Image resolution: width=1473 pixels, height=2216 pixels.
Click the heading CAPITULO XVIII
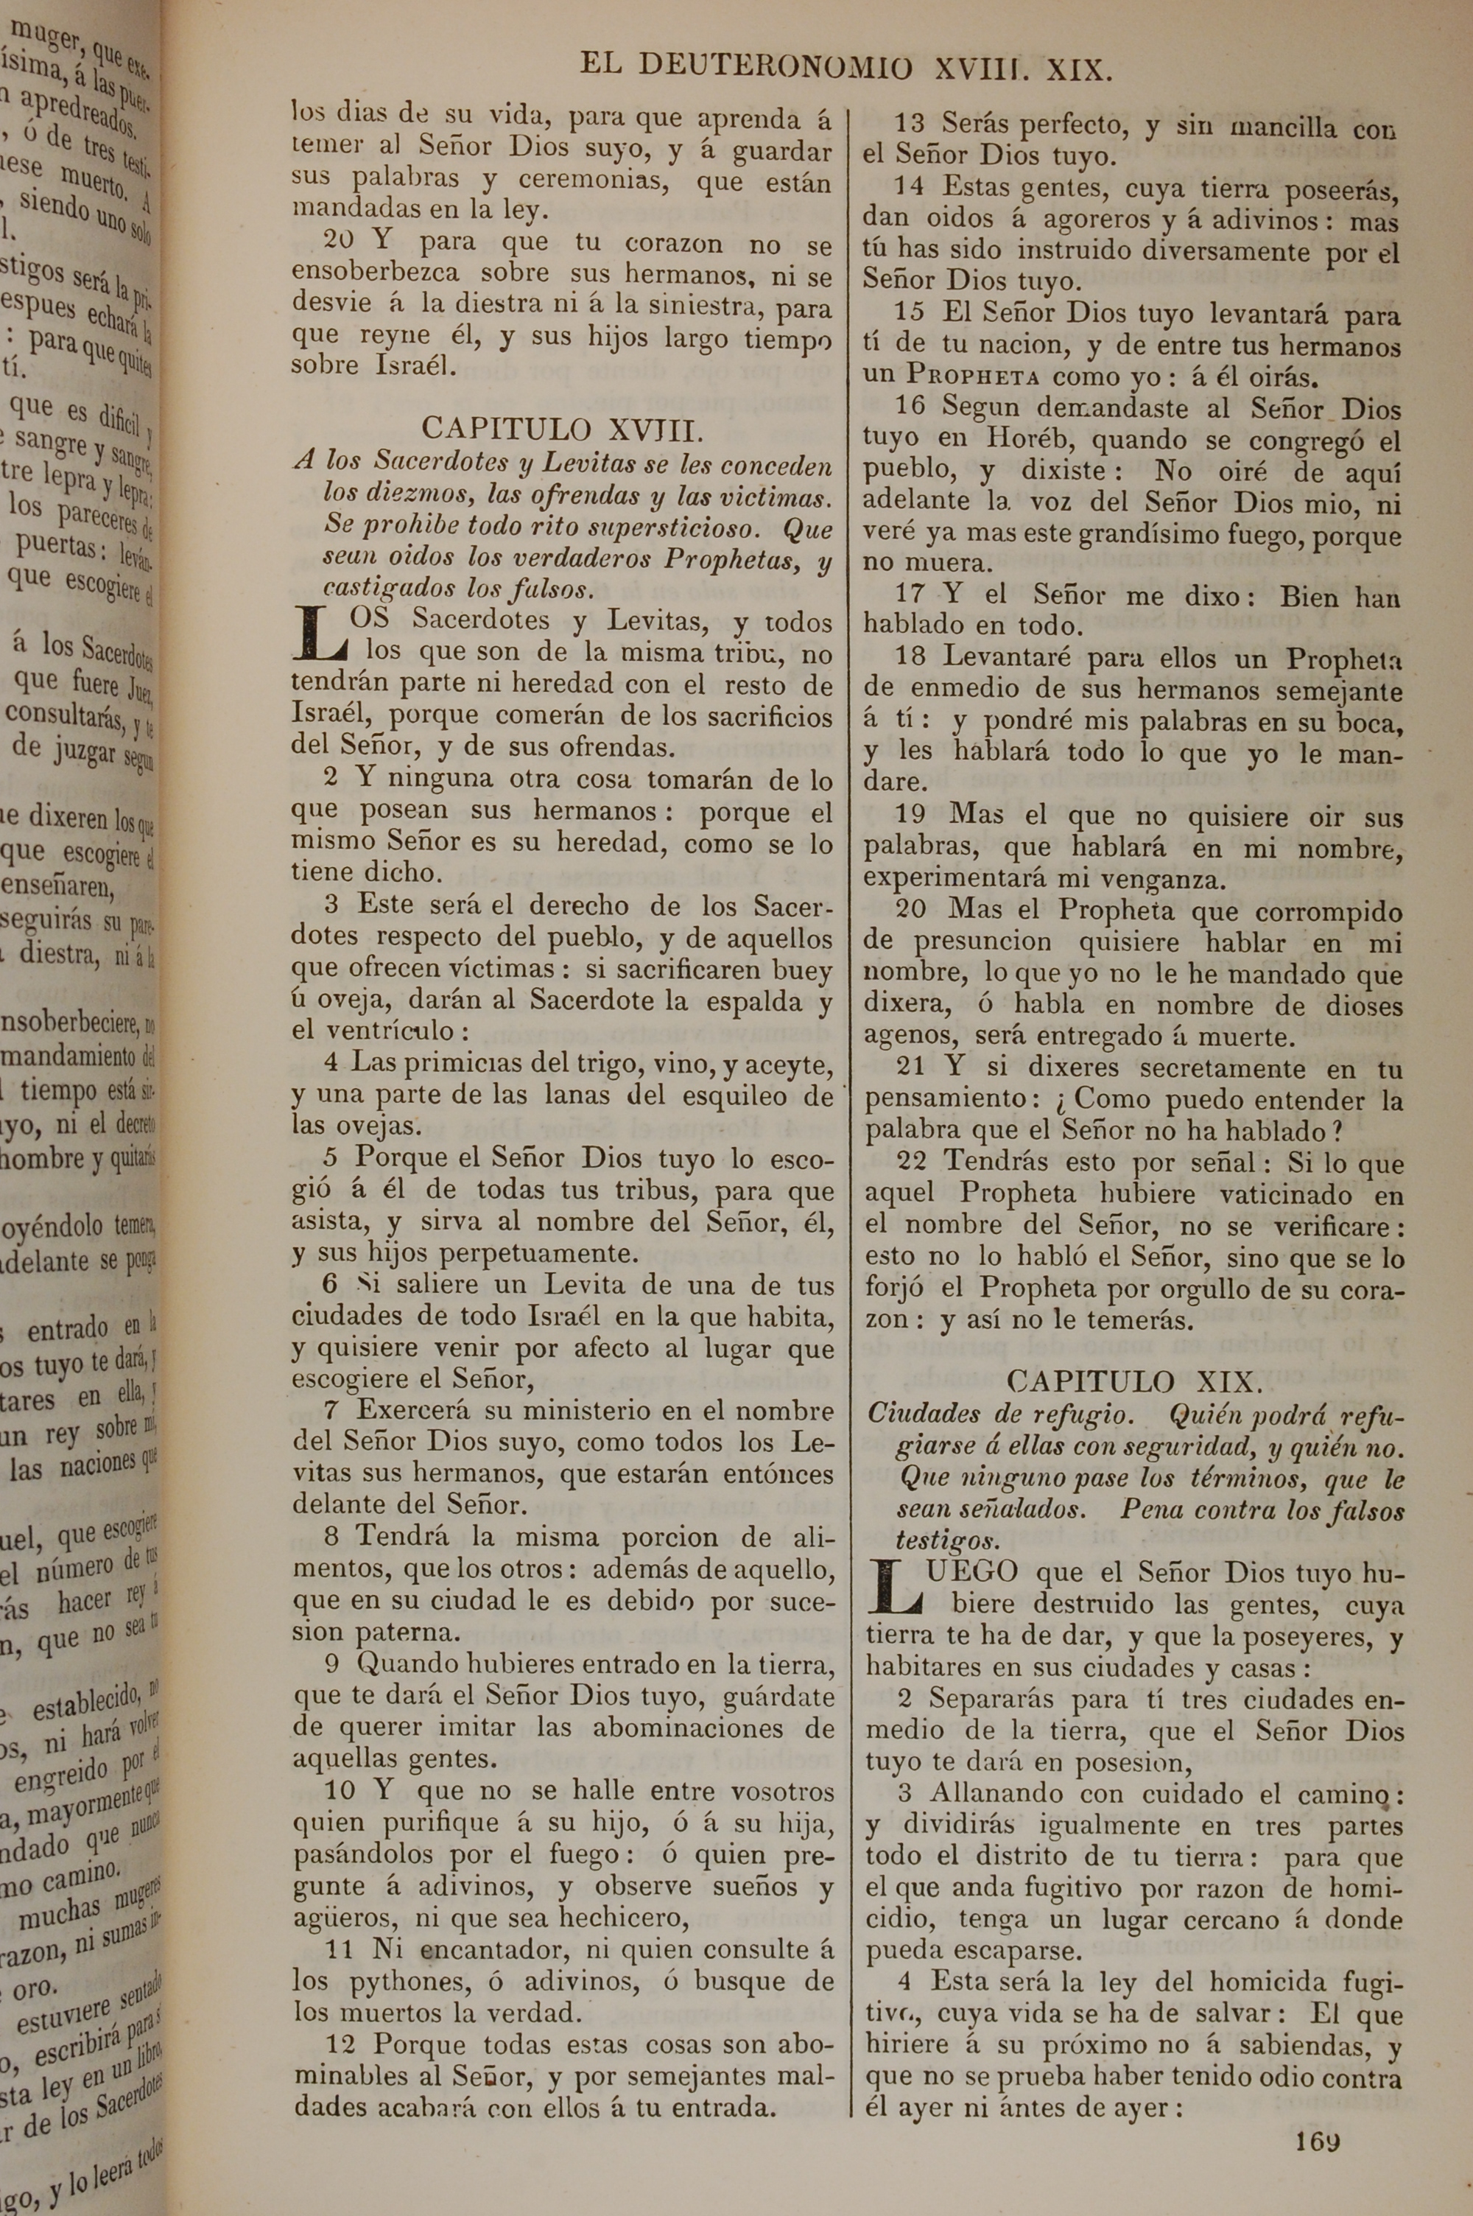pyautogui.click(x=560, y=429)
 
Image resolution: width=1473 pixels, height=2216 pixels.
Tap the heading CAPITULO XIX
pyautogui.click(x=1135, y=1382)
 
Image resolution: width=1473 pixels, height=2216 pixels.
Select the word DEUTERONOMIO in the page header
pyautogui.click(x=774, y=68)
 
